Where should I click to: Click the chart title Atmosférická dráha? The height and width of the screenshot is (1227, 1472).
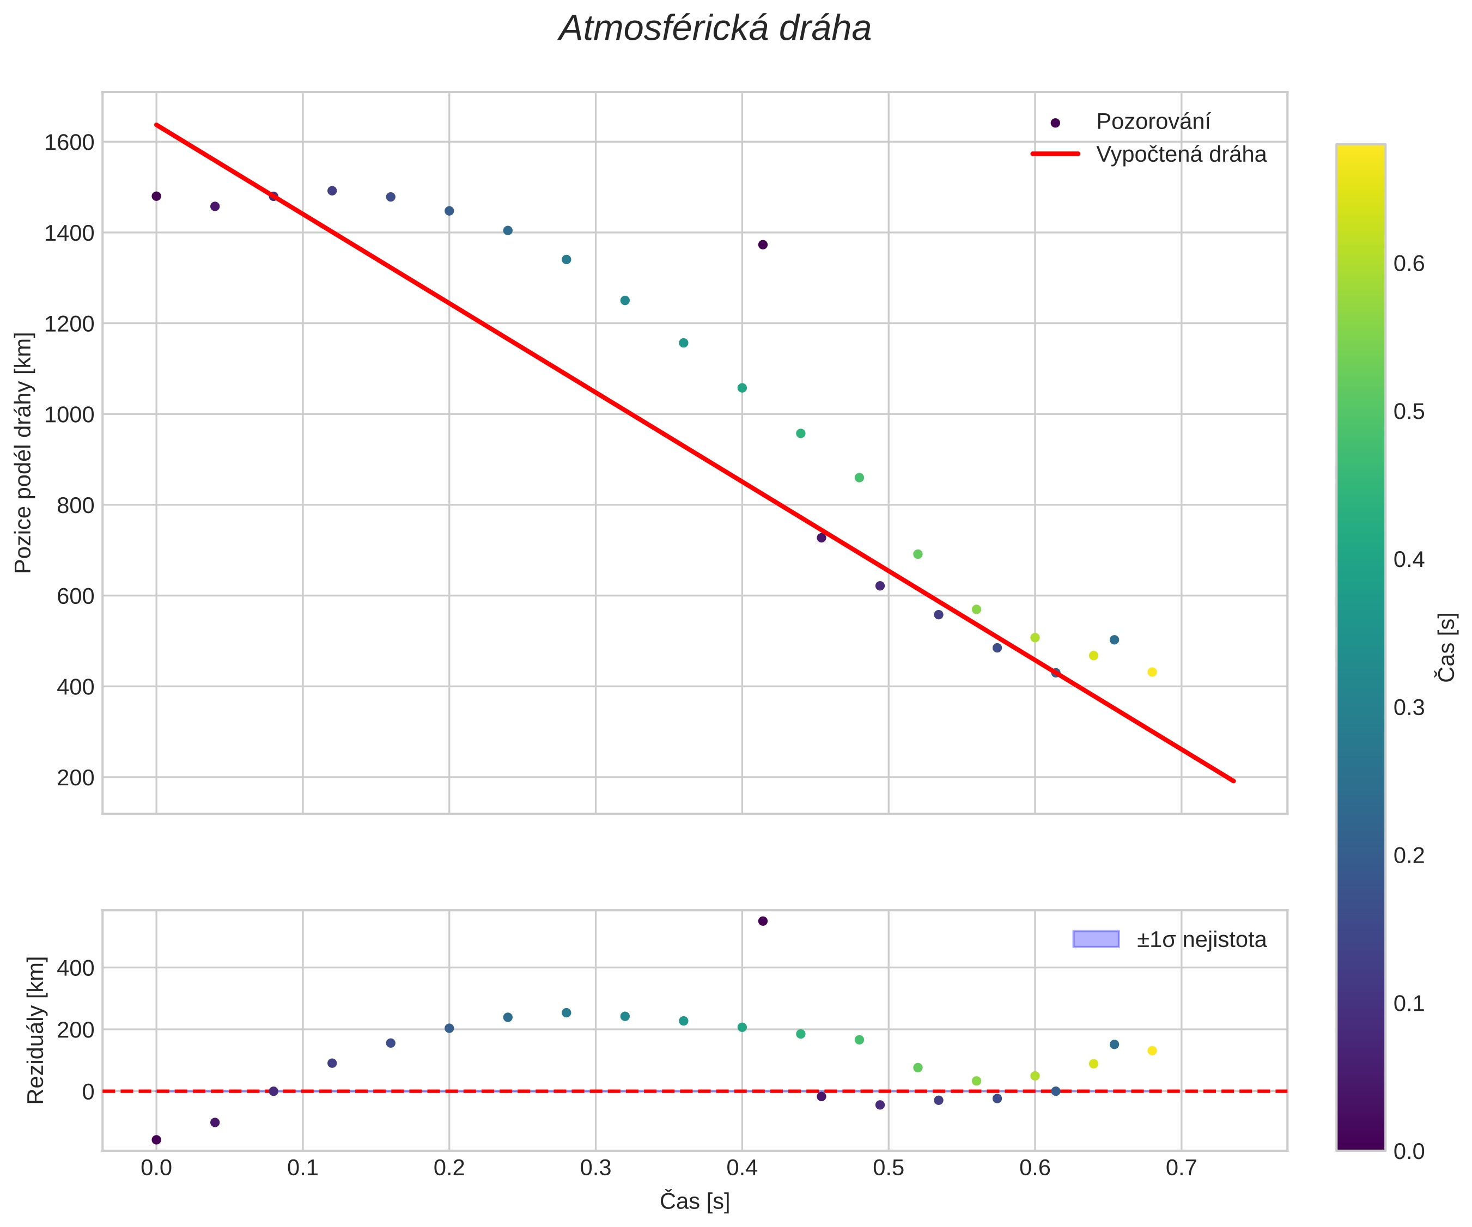(714, 29)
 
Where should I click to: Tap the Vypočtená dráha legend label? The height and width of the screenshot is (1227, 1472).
(1181, 154)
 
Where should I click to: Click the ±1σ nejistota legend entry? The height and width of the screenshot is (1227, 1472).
(1201, 939)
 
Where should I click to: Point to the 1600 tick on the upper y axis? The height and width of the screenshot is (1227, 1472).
(69, 143)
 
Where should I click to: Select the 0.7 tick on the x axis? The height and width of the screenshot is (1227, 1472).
(1181, 1167)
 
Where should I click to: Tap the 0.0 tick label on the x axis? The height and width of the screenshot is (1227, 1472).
(156, 1167)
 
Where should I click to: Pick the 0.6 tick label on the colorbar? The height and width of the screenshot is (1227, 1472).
(1409, 264)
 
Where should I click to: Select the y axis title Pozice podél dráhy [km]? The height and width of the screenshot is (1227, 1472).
(24, 453)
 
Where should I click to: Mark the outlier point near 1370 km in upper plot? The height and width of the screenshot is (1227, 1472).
(763, 245)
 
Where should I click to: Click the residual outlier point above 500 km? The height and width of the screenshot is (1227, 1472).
(763, 921)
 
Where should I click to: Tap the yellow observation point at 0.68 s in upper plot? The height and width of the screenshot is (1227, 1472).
(1152, 672)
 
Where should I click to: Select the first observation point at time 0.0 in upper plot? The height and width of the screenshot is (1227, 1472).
(156, 196)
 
